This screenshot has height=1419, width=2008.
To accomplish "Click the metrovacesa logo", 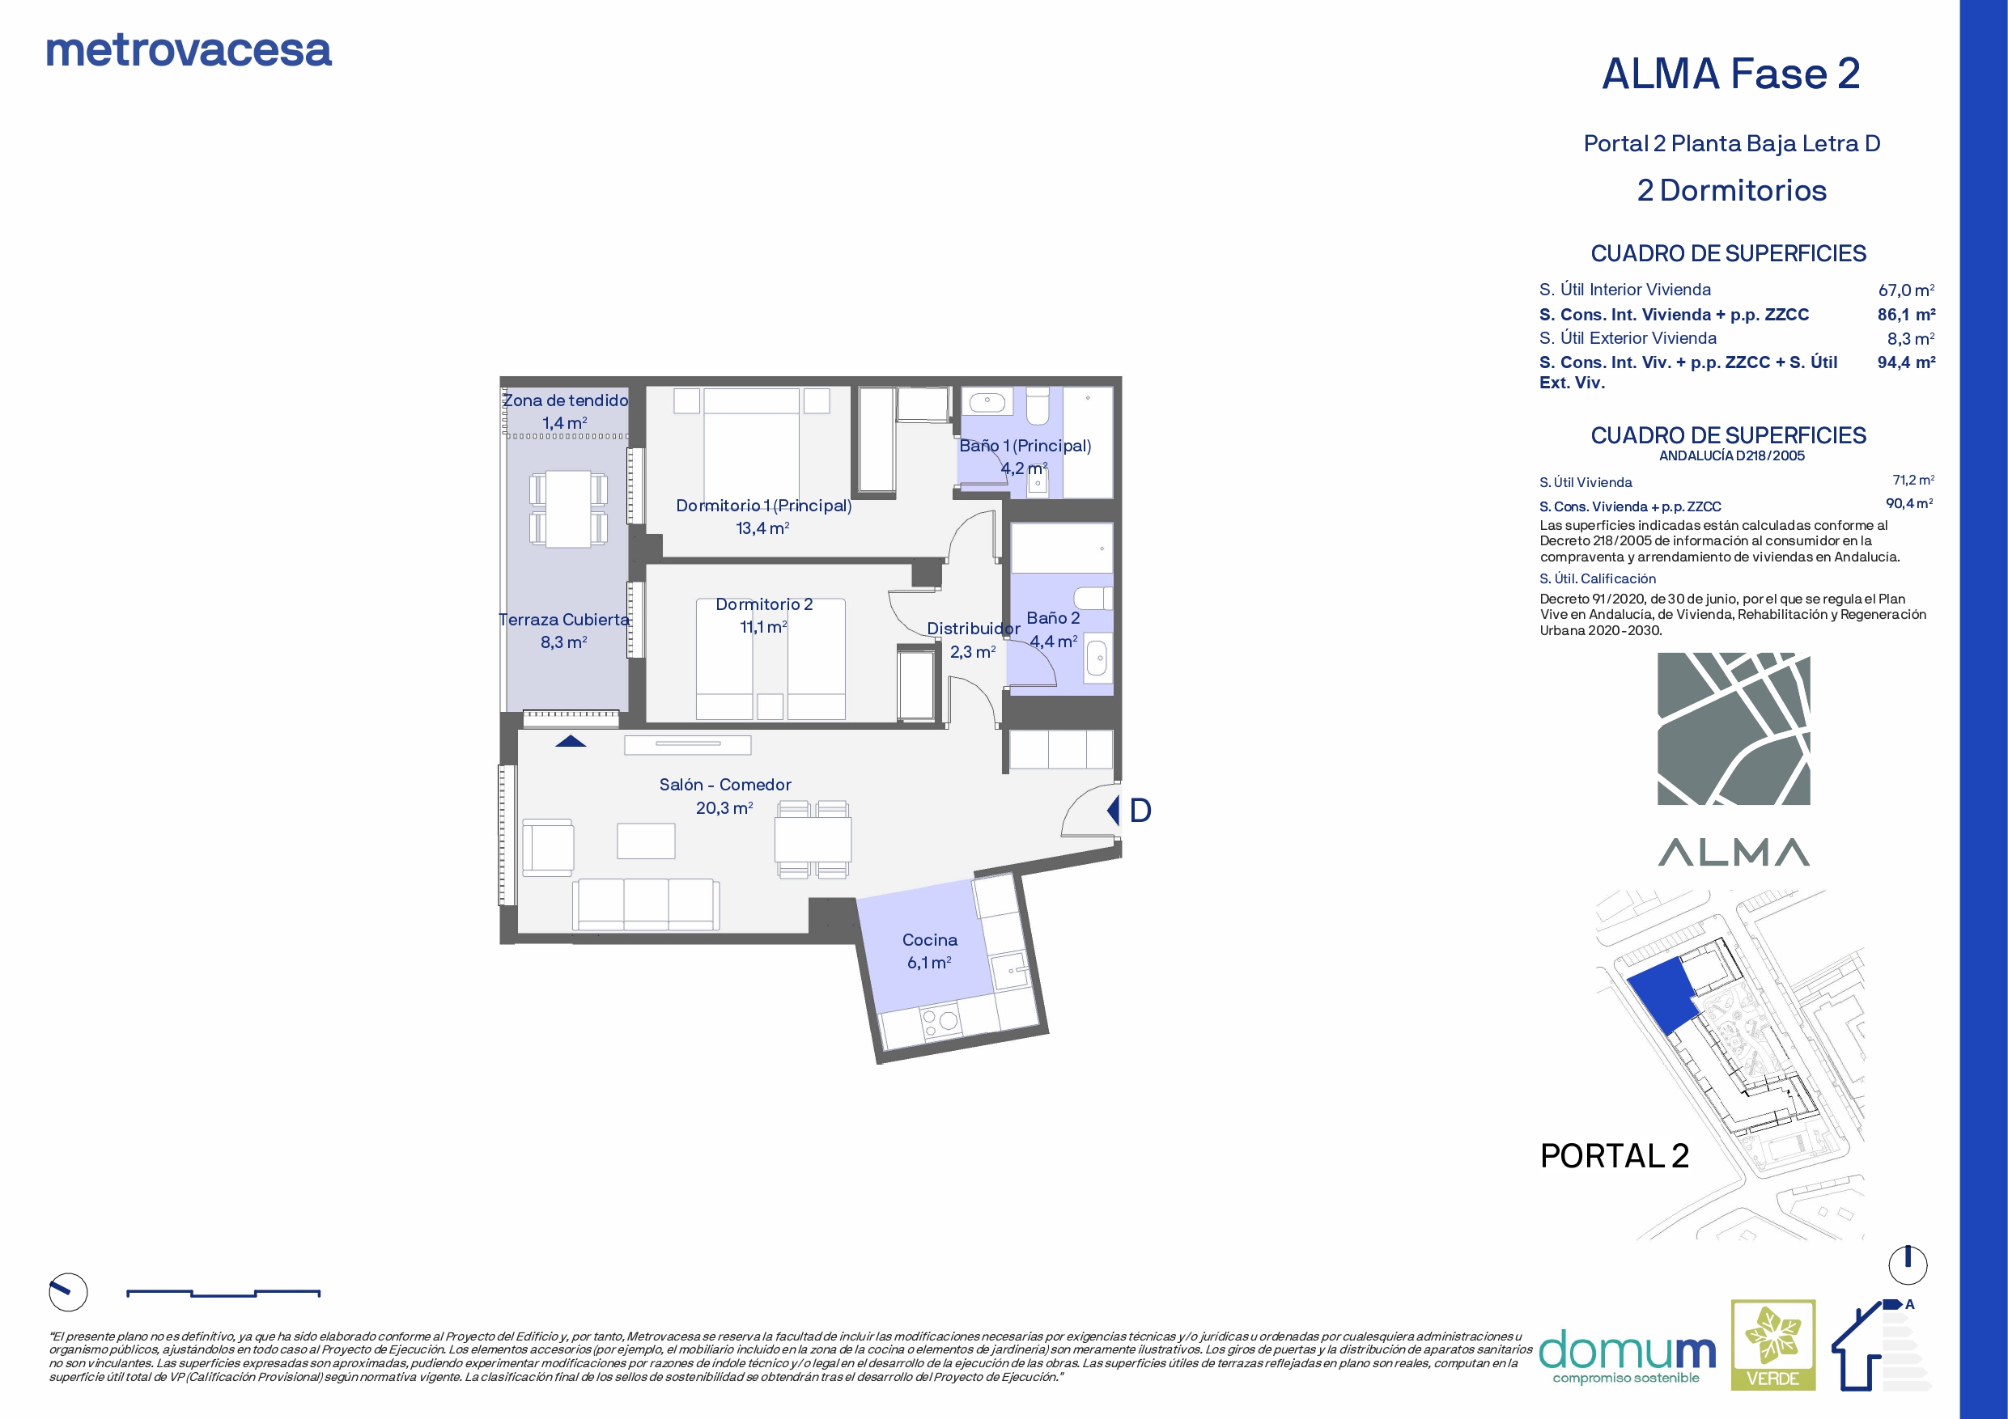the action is coord(189,51).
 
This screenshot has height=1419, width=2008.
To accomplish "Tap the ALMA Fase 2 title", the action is coord(1730,74).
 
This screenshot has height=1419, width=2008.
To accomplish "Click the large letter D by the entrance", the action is coord(1140,811).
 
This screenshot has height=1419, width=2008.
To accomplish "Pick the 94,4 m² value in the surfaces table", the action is coord(1906,362).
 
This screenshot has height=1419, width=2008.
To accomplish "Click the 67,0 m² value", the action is coord(1906,290).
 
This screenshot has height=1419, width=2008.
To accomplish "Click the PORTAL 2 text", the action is coord(1615,1156).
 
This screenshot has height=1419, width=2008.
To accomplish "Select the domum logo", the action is coord(1628,1356).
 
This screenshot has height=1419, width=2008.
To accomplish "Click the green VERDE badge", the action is coord(1772,1345).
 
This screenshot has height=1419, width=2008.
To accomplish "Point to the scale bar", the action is coord(223,1293).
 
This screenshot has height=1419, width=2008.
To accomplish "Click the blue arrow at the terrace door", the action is coord(571,741).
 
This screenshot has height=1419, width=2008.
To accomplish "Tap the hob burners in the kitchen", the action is coord(941,1021).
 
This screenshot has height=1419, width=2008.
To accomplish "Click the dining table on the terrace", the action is coord(568,509).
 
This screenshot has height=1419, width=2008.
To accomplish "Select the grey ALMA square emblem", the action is coord(1734,728).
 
